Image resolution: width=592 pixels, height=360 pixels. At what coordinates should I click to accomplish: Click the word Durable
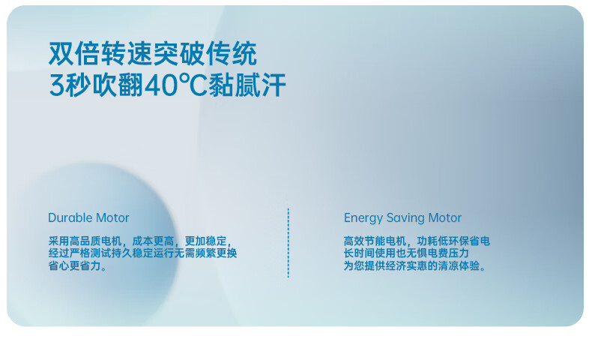click(x=70, y=217)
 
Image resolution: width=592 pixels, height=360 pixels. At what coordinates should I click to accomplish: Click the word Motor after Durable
click(x=112, y=217)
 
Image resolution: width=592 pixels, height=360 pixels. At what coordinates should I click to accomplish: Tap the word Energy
click(x=363, y=218)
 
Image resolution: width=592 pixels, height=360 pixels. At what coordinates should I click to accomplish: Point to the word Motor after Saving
click(x=445, y=217)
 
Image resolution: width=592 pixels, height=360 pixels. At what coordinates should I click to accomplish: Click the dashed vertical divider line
click(x=288, y=243)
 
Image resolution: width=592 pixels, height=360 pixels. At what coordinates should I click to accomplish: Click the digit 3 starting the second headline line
click(x=56, y=85)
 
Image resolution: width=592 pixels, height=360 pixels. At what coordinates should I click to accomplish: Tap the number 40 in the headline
click(x=160, y=85)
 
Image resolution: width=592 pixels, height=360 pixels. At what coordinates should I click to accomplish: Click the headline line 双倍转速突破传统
click(x=153, y=54)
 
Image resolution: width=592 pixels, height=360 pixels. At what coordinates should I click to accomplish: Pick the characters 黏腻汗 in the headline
click(x=247, y=85)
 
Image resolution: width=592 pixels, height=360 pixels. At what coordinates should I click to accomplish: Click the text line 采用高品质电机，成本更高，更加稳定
click(x=140, y=241)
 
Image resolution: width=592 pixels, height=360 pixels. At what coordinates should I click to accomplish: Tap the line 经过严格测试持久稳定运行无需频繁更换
click(x=142, y=253)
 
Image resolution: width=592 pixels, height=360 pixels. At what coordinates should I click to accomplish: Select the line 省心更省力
click(x=77, y=265)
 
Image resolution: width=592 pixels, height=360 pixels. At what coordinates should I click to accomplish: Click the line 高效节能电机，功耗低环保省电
click(x=417, y=241)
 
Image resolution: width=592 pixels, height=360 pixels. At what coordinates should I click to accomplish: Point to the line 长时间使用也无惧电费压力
click(x=406, y=253)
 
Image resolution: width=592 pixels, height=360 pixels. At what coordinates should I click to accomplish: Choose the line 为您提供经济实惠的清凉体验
click(x=414, y=265)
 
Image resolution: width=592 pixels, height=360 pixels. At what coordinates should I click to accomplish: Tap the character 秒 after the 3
click(x=78, y=85)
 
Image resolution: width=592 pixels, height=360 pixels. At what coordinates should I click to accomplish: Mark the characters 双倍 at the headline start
click(x=74, y=54)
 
